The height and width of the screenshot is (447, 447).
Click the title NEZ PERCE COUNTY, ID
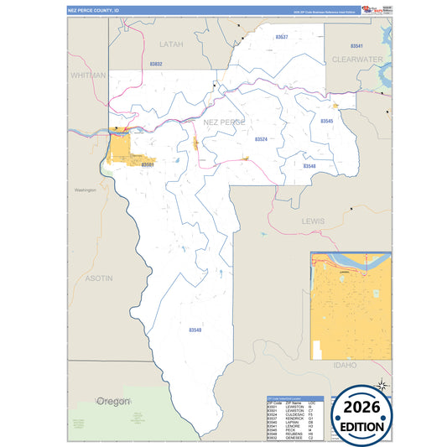point(94,10)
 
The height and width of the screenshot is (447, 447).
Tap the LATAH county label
point(171,43)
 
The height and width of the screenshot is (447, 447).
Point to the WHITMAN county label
point(88,75)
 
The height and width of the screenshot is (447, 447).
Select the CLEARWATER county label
point(357,60)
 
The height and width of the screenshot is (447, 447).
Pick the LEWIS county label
point(313,220)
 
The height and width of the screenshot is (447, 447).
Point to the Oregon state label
point(113,402)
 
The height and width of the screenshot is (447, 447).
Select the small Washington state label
point(86,190)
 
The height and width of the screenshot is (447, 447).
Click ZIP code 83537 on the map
point(282,38)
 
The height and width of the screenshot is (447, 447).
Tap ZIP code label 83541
point(356,45)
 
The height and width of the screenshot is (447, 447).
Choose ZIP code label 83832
point(156,64)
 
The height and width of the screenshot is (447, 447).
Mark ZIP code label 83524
point(261,139)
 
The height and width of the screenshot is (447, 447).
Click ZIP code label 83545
point(326,122)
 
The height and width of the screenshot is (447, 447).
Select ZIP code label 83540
point(195,330)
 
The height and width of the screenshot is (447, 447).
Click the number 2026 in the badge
point(364,408)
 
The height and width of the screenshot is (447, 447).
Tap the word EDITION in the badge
point(364,425)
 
